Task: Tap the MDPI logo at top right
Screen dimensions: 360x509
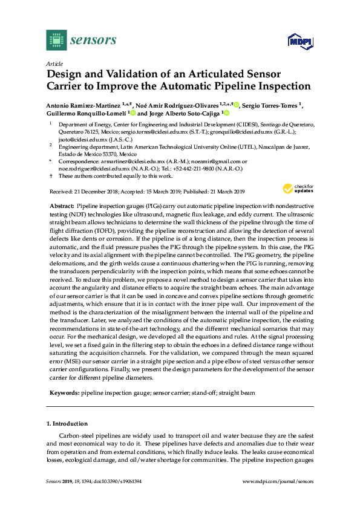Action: point(296,41)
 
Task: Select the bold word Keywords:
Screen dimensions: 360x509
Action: point(63,392)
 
